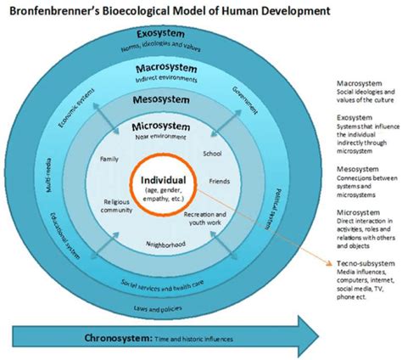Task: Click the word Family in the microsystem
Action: click(109, 158)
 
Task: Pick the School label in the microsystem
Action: click(212, 154)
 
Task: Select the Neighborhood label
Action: click(165, 244)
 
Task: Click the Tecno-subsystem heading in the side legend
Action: click(360, 263)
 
